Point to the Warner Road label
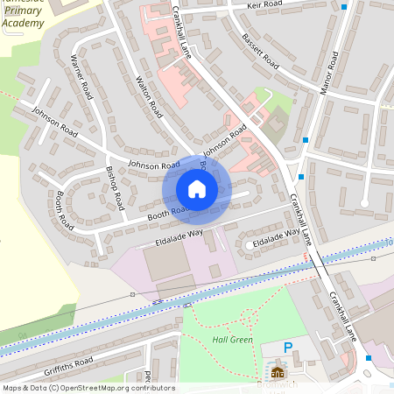tap(81, 77)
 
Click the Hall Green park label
tap(232, 339)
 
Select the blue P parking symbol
tap(288, 348)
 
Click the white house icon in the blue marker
tap(196, 189)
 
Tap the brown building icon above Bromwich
tap(278, 372)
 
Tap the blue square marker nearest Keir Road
tap(344, 7)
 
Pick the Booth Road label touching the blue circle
tap(166, 211)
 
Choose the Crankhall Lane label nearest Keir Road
tap(182, 31)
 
